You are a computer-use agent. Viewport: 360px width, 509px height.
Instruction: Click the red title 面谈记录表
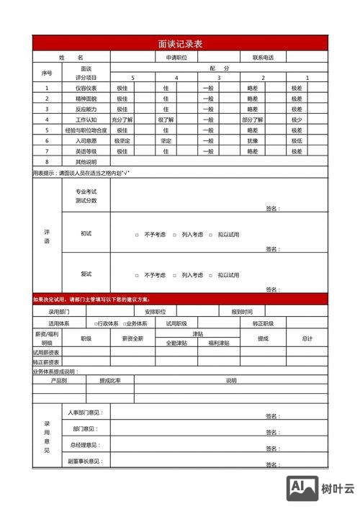coord(180,44)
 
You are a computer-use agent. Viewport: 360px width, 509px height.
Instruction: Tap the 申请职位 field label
coord(176,57)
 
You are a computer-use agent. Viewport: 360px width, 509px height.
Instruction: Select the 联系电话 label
coord(263,57)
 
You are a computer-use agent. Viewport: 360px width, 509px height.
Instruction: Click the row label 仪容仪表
coord(86,88)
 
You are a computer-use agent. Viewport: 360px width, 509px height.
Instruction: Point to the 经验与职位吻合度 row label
coord(86,130)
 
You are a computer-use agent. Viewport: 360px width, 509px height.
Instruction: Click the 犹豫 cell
coord(253,141)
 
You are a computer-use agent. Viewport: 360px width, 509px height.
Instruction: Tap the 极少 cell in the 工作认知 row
coord(297,120)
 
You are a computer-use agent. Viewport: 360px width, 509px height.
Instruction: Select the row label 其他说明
coord(86,162)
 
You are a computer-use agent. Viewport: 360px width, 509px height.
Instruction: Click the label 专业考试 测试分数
coord(86,196)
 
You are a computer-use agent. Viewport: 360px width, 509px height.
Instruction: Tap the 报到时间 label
coord(242,312)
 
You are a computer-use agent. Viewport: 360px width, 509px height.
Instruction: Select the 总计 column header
coord(307,338)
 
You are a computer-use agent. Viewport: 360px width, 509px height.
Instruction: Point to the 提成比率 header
coord(110,380)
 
